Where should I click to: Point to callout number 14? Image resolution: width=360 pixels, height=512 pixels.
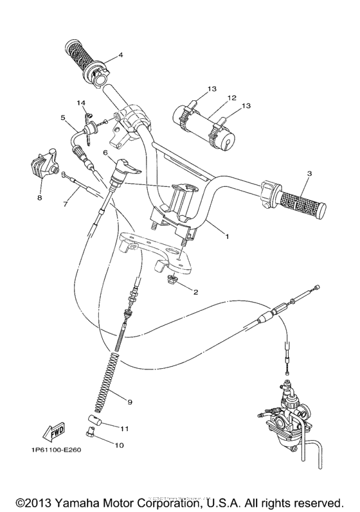point(82,103)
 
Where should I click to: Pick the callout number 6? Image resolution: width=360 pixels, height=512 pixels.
point(105,154)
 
